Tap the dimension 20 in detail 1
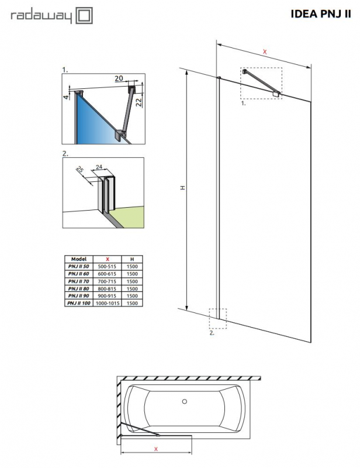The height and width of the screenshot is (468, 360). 119,78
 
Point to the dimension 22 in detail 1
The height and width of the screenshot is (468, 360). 140,102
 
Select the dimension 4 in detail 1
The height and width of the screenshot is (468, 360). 67,96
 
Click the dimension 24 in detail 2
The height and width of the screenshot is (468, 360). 99,167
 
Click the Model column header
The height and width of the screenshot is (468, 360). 78,258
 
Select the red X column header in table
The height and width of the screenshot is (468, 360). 107,258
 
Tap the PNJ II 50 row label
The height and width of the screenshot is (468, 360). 78,266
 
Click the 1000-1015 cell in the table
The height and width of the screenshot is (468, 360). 107,304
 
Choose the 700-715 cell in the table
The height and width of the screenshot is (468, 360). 107,281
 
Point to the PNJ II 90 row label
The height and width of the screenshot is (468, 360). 78,296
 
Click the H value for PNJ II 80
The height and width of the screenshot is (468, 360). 132,288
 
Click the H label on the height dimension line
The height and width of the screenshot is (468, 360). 182,188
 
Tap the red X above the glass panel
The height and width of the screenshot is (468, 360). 264,52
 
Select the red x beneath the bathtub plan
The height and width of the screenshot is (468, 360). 155,449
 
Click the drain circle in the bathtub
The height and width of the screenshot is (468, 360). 185,401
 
